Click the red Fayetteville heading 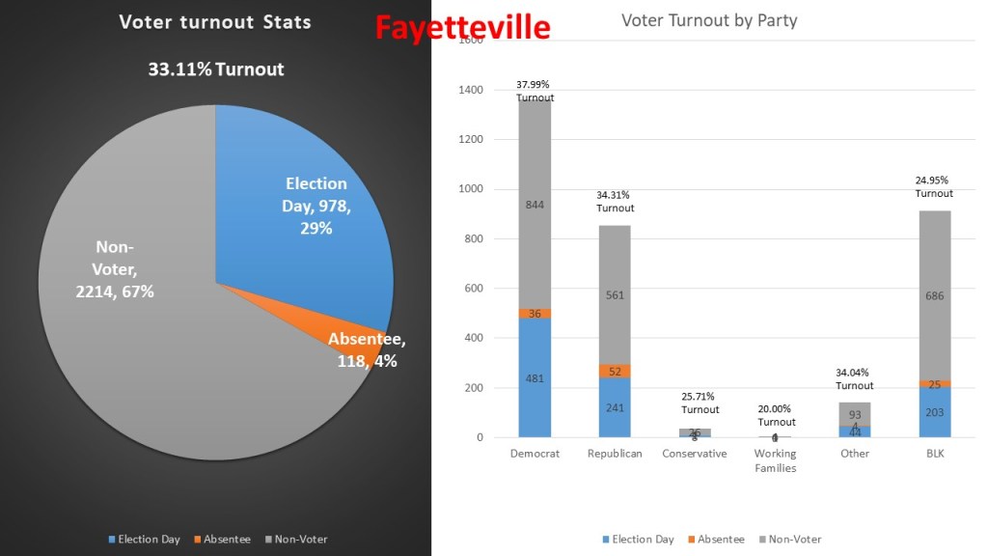[x=462, y=26]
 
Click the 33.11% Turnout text [x=216, y=69]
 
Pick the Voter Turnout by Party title [x=709, y=20]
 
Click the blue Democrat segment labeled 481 [x=535, y=378]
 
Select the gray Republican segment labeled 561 [x=615, y=295]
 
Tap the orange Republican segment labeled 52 [x=615, y=372]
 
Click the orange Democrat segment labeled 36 [x=535, y=313]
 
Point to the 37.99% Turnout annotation [x=535, y=91]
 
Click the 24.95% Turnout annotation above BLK [x=933, y=187]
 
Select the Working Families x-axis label [x=775, y=460]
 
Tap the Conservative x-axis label [x=695, y=454]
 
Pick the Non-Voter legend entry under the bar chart [x=789, y=540]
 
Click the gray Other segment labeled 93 [x=855, y=414]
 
